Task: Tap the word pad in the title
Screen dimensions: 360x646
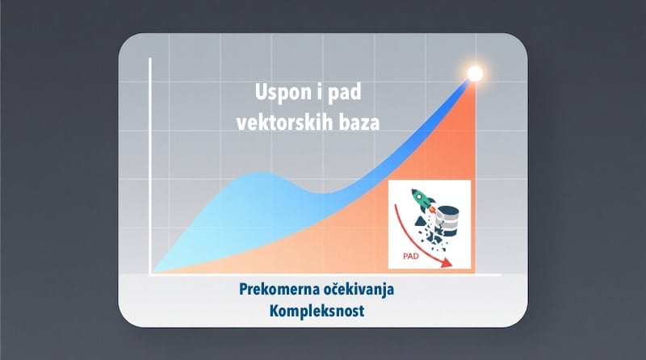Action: [345, 95]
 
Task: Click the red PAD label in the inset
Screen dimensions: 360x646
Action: [411, 258]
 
